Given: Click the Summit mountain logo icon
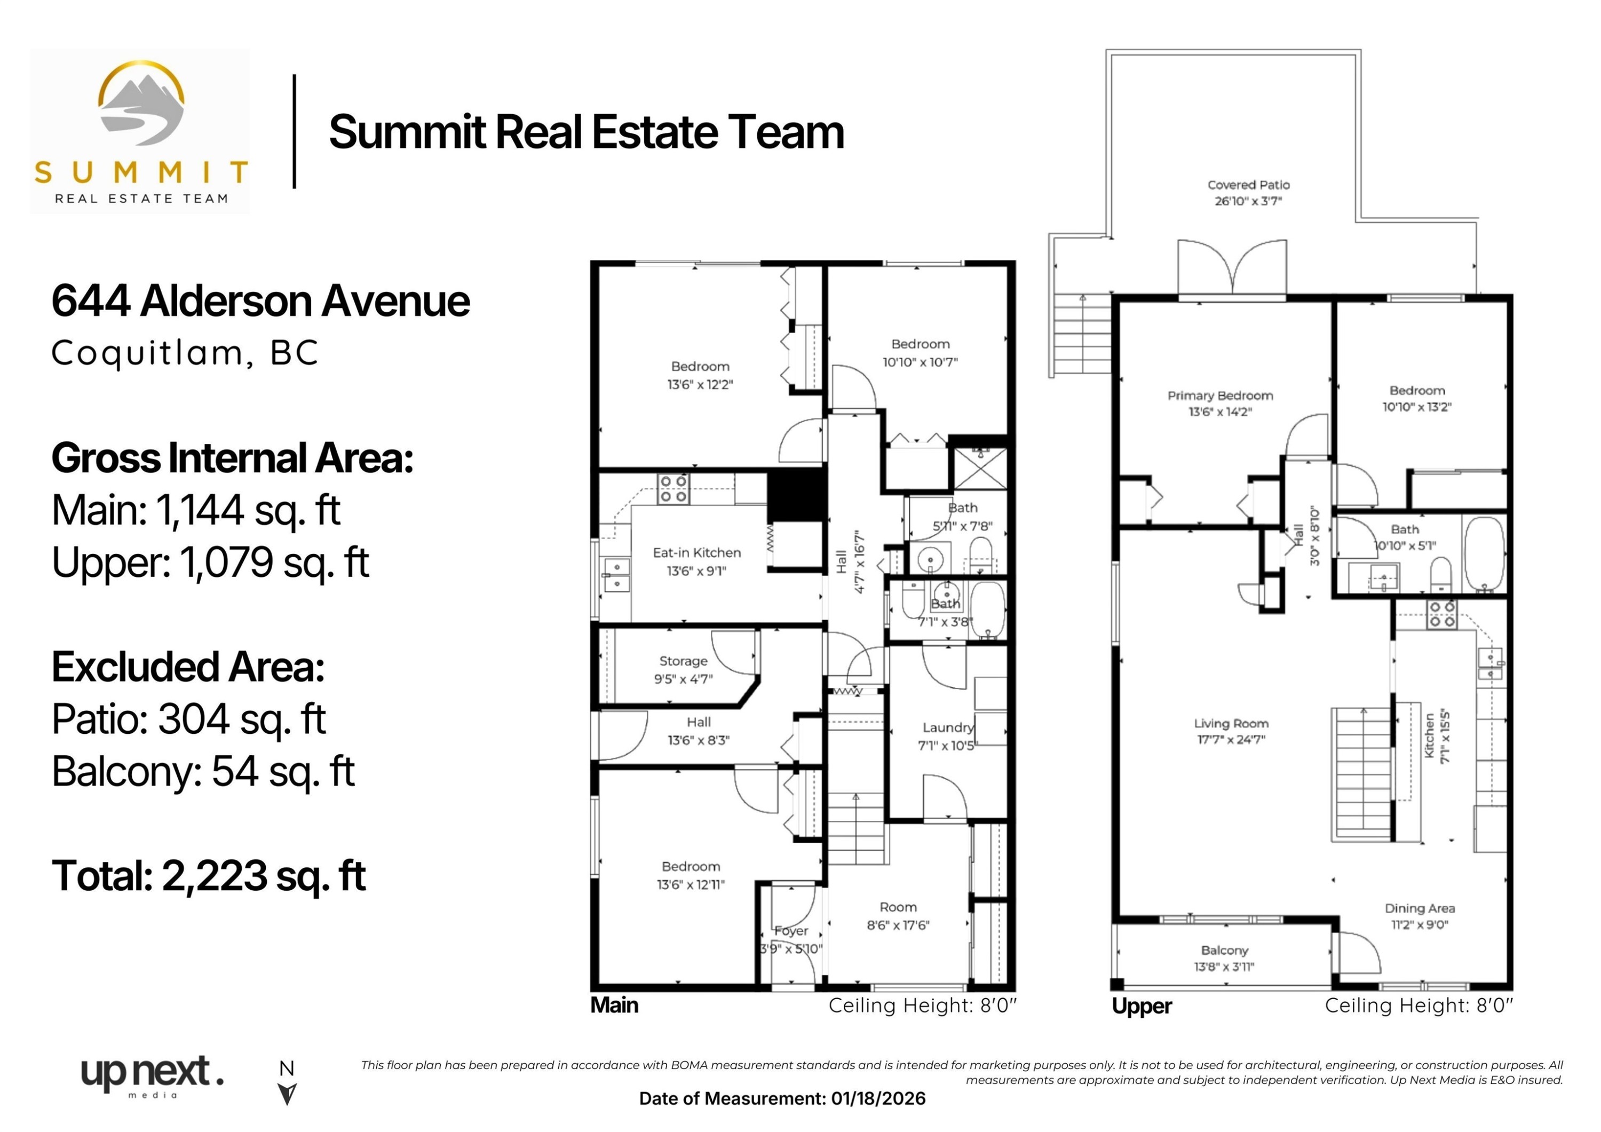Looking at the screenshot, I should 141,105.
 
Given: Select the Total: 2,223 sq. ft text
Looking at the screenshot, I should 209,876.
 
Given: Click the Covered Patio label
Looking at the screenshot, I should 1248,185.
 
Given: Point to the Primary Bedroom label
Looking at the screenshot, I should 1219,395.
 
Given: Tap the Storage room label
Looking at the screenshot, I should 683,661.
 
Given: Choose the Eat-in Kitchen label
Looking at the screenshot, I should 696,552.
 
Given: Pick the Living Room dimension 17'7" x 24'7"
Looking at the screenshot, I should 1231,739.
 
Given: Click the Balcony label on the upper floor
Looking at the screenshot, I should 1224,950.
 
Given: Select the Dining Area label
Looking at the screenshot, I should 1419,908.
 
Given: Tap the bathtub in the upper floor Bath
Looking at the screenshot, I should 1484,555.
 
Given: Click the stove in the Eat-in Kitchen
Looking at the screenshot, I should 673,489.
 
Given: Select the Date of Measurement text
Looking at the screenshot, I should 782,1098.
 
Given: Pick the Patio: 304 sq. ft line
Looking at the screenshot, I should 188,719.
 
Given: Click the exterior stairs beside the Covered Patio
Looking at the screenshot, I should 1082,335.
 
